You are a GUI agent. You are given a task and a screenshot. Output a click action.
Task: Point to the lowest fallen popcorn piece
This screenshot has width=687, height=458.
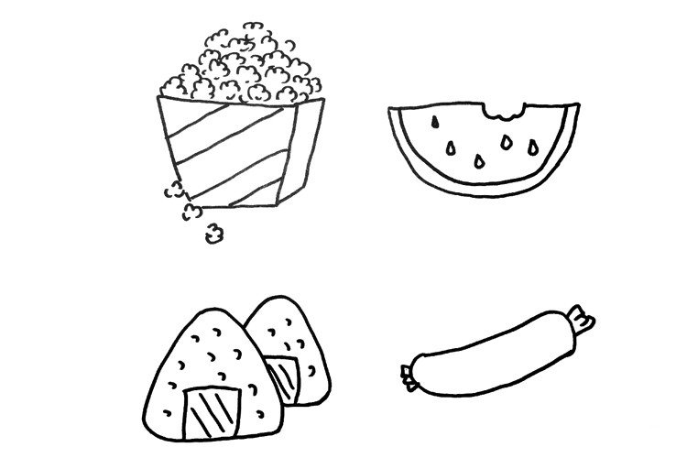pos(215,234)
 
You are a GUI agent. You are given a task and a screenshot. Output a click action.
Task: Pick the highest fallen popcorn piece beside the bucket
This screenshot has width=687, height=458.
pos(172,191)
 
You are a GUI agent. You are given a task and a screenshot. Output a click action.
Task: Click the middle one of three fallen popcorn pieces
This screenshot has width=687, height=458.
pos(192,212)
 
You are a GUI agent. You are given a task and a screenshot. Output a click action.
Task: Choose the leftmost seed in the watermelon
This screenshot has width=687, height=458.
pos(450,147)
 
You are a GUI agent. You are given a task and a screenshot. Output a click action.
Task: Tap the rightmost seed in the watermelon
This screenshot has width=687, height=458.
pos(532,145)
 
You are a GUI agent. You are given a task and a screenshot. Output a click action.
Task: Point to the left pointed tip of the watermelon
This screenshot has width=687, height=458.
pos(391,112)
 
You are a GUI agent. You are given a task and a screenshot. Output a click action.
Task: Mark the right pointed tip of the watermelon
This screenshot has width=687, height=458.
pos(576,108)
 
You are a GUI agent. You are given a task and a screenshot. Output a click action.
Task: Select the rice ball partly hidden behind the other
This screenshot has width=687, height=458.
pos(291,343)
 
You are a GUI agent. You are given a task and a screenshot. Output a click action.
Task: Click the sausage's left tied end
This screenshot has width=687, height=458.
pos(406,376)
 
